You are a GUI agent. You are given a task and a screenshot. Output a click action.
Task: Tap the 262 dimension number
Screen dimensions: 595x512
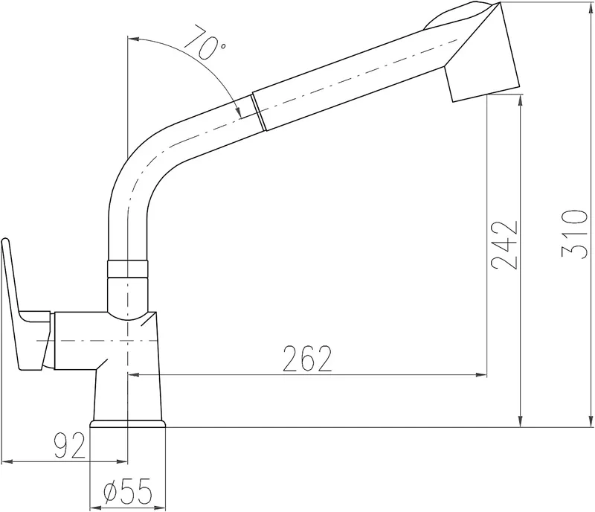click(x=307, y=359)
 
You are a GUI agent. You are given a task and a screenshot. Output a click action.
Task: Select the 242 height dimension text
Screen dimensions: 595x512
click(x=504, y=245)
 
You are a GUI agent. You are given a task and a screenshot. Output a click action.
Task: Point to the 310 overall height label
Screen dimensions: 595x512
click(x=574, y=234)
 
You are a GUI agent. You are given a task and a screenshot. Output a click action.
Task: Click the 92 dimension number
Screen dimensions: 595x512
click(x=70, y=446)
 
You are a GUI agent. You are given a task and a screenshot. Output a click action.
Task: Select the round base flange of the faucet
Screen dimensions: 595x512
click(x=128, y=423)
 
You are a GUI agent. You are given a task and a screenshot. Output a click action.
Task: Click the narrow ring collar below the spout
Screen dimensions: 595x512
click(x=127, y=269)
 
